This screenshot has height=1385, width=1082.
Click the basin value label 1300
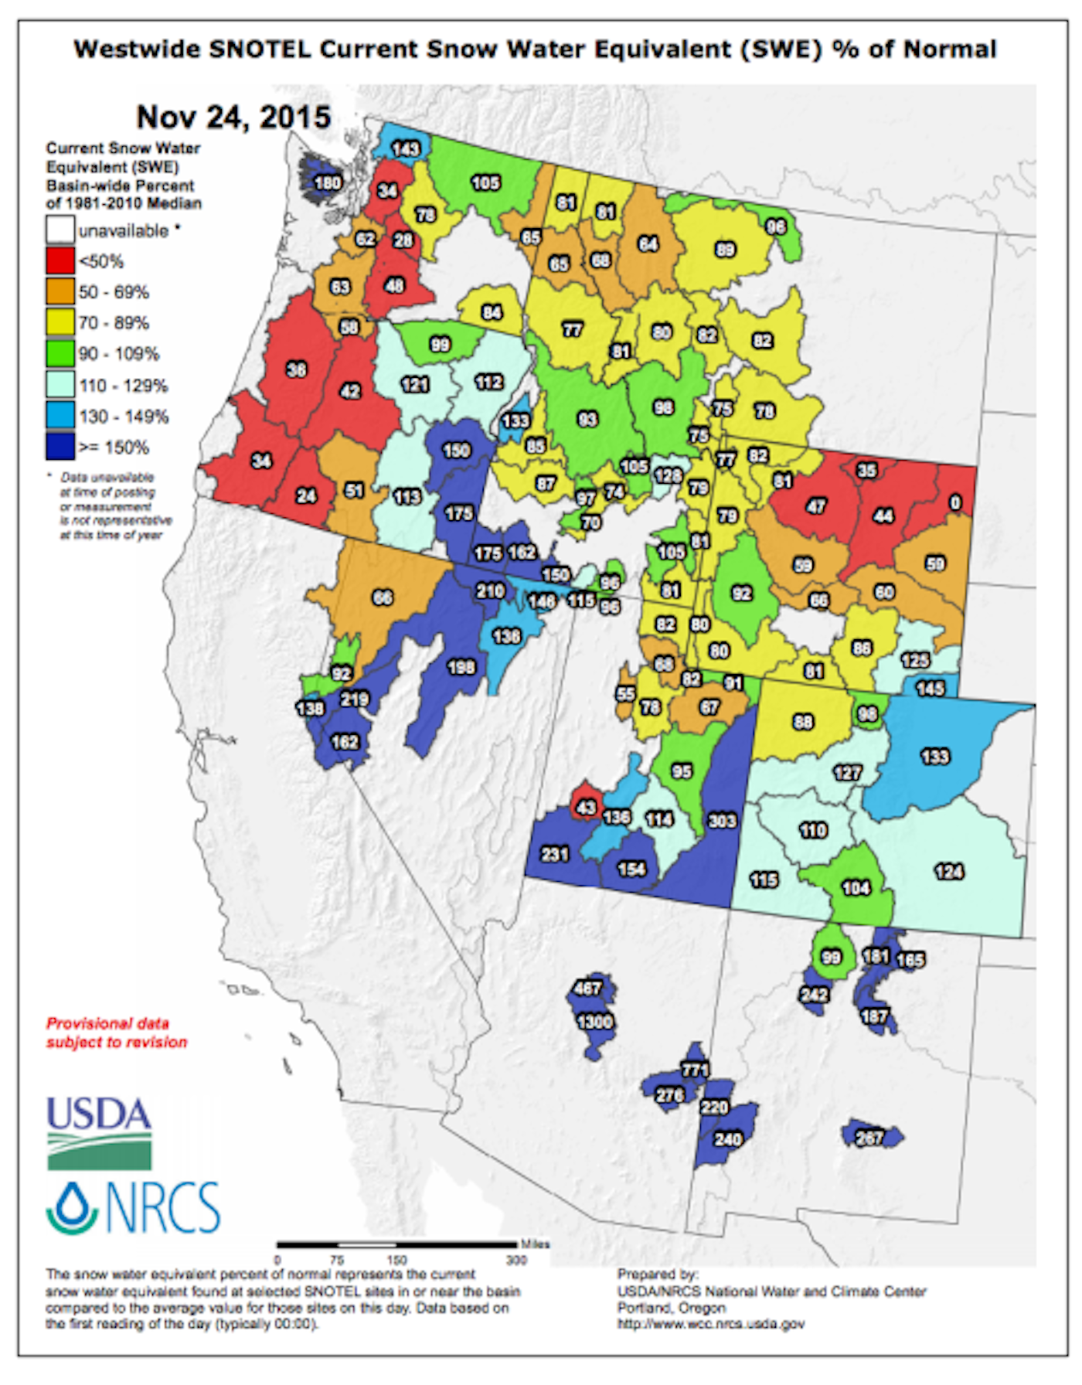point(595,1022)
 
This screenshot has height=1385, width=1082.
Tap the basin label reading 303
point(722,820)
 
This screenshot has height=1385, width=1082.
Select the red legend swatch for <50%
point(60,261)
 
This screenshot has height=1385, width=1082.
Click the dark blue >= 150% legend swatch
point(60,447)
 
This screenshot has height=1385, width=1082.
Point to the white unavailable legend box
point(60,230)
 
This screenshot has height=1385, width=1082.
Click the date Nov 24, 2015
point(233,117)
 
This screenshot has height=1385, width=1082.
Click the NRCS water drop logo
point(71,1207)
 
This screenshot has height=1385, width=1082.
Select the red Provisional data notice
point(117,1033)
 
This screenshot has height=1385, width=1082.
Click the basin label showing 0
point(955,503)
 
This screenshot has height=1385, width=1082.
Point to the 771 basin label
point(695,1070)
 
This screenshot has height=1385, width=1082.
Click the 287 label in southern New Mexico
point(869,1137)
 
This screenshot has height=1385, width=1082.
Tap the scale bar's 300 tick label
point(515,1260)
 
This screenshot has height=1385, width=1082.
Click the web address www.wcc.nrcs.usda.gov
point(710,1324)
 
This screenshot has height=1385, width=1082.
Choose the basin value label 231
point(555,854)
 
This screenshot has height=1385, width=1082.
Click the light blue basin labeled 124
point(949,872)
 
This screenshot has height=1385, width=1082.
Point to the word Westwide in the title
point(136,49)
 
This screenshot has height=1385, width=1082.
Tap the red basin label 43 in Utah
point(587,808)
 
